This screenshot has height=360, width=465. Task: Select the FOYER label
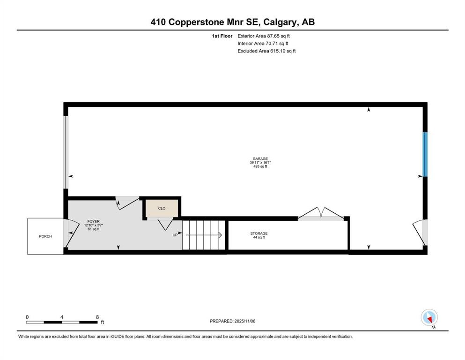(x=93, y=221)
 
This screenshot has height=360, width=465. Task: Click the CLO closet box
(x=162, y=208)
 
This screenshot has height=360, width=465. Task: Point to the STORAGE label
(x=258, y=233)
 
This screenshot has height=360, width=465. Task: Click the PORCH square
(x=45, y=236)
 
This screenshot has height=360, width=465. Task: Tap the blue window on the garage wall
(x=425, y=154)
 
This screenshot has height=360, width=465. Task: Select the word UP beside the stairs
(x=175, y=235)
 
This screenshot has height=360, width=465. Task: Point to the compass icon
(x=429, y=317)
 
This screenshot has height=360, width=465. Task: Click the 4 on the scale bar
(x=62, y=317)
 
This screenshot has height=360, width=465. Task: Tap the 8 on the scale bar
(x=97, y=317)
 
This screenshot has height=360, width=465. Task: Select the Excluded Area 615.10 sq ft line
(x=266, y=51)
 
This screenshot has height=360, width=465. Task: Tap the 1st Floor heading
(x=222, y=36)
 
